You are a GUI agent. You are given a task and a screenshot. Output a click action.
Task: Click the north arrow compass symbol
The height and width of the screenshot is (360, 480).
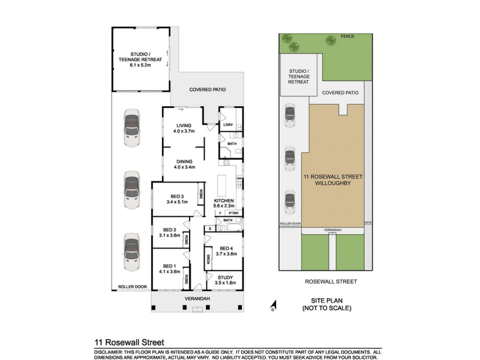(274, 306)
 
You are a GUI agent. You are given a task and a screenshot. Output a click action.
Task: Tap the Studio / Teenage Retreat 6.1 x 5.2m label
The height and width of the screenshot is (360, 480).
(140, 59)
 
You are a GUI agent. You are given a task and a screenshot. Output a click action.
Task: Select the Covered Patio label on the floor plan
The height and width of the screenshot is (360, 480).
(208, 89)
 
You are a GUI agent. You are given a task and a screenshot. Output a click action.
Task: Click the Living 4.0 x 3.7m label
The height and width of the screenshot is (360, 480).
(184, 128)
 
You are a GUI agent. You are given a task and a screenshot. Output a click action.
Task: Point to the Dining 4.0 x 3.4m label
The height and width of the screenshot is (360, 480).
(184, 164)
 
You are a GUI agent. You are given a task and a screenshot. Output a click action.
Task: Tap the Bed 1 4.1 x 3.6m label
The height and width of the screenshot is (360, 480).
(170, 269)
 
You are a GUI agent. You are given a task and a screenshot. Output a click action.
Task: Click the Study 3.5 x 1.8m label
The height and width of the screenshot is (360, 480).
(226, 280)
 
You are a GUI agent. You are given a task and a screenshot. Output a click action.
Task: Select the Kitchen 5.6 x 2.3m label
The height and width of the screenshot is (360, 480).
(224, 203)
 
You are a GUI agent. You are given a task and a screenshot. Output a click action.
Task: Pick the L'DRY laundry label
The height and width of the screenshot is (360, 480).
(228, 125)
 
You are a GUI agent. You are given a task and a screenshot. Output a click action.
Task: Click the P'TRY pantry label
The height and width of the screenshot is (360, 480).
(233, 213)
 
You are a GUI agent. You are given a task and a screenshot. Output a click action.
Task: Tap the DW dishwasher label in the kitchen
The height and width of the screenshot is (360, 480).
(239, 178)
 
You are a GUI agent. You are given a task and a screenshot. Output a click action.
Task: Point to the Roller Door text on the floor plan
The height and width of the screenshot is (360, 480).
(133, 287)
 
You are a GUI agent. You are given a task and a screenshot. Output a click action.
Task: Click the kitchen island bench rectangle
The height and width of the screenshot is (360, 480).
(221, 186)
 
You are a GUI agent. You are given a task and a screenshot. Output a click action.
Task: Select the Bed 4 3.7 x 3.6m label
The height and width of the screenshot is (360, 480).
(226, 251)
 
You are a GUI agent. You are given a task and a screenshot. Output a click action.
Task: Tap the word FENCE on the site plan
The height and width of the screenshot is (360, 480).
(347, 37)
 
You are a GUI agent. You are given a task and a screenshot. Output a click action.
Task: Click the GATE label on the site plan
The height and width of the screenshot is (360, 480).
(368, 223)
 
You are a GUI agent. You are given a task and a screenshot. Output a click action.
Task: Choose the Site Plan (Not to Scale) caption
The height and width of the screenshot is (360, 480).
(326, 304)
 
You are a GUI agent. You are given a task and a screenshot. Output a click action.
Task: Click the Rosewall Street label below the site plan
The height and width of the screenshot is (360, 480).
(331, 281)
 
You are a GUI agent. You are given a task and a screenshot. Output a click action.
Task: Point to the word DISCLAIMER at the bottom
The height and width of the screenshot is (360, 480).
(108, 353)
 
